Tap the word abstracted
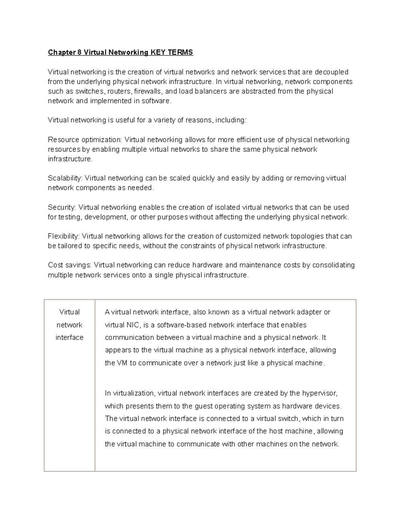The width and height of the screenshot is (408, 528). point(258,91)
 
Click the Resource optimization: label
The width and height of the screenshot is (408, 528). point(85,140)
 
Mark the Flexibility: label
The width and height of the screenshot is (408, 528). point(64,236)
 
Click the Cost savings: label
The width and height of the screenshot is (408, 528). point(70,265)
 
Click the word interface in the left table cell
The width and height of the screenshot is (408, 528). point(69,338)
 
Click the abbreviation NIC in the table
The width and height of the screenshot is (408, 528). point(132,325)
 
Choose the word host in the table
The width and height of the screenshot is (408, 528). point(276,431)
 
